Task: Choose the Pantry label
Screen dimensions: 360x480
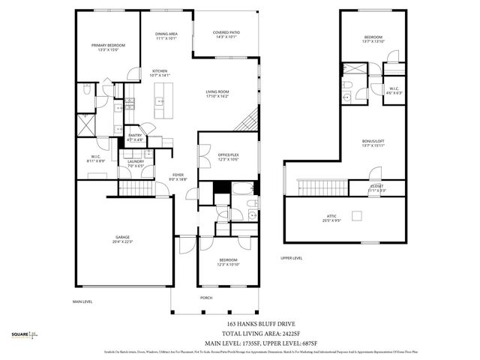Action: coord(135,137)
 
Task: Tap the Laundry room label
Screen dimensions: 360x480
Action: coord(136,163)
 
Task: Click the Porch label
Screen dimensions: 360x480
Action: coord(205,297)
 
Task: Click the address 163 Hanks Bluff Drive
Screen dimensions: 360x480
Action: coord(256,322)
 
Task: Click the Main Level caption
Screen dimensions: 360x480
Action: coord(82,301)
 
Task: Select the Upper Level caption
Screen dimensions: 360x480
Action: coord(291,257)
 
